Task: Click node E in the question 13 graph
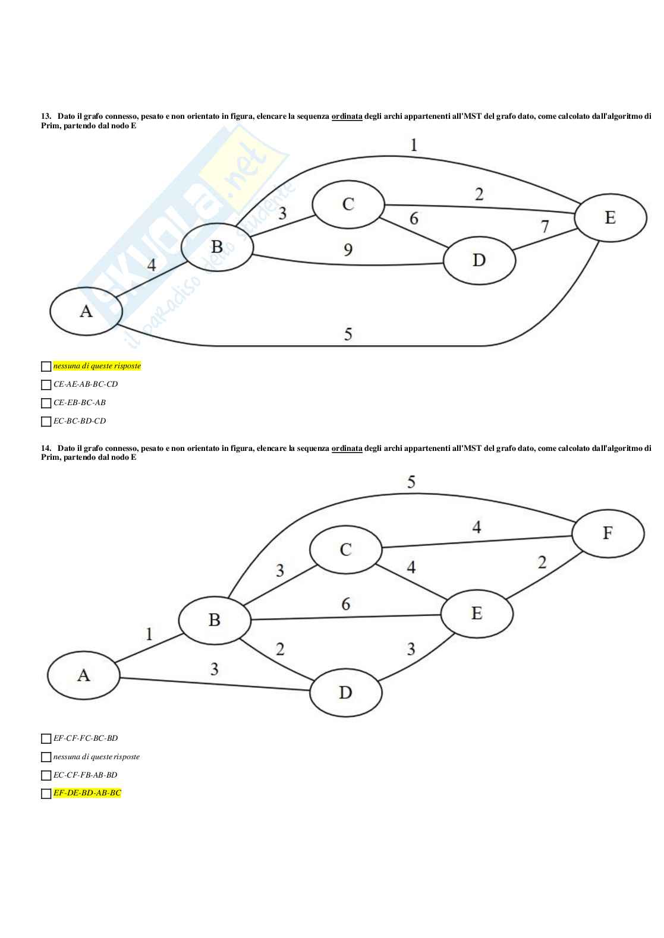point(610,217)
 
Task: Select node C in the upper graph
point(348,204)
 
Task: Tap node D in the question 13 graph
point(479,260)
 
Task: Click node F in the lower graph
point(607,533)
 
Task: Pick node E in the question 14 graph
point(476,613)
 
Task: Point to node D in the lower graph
point(345,692)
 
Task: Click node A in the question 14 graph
point(84,675)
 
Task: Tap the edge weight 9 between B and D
point(348,249)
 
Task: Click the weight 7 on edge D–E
point(545,226)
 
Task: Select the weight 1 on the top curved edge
point(414,144)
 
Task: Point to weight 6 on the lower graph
point(345,604)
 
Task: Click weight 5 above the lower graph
point(411,482)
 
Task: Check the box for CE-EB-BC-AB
point(46,403)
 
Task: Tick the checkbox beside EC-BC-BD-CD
point(46,421)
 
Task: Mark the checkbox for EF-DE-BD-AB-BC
point(46,794)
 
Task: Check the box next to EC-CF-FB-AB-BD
point(46,775)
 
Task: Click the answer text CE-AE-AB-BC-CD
point(86,384)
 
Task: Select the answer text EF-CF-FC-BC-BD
point(86,738)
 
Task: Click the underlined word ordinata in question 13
point(347,116)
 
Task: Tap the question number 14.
point(45,449)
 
